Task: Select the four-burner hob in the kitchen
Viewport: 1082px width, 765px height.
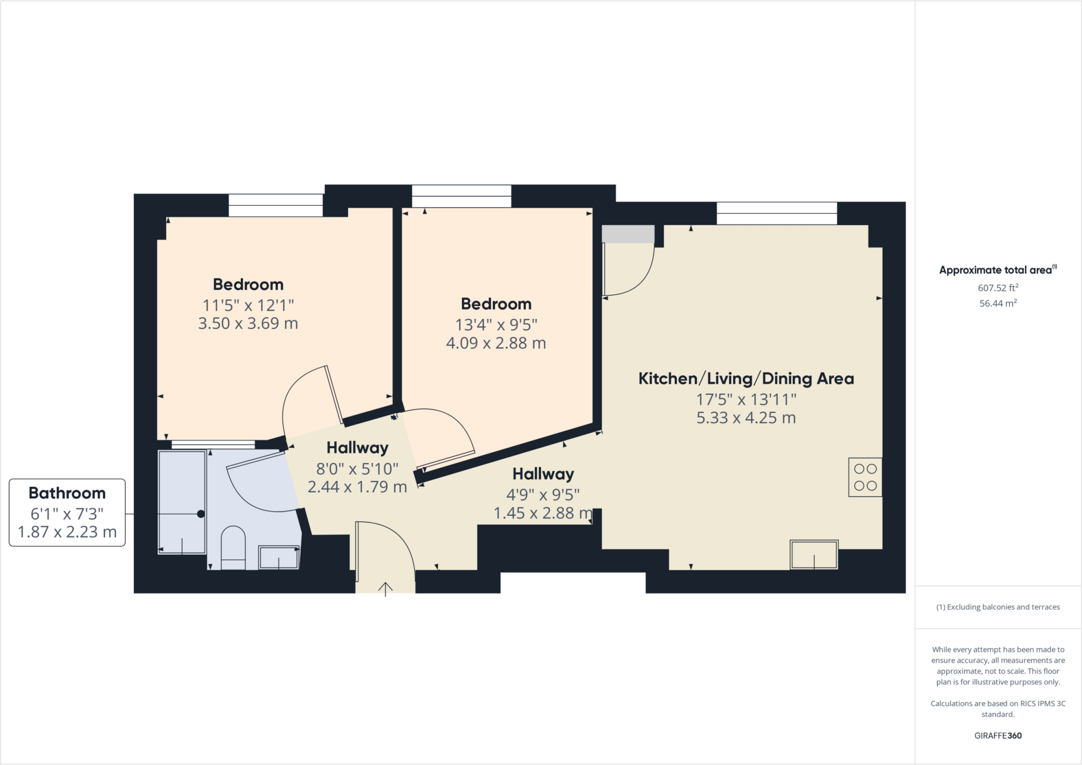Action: (865, 477)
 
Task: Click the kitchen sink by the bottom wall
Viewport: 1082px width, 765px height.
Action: (814, 554)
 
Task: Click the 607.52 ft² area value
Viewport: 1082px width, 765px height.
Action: (997, 288)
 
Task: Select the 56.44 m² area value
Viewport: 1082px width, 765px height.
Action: (997, 304)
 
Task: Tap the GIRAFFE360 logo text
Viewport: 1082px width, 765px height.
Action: (997, 735)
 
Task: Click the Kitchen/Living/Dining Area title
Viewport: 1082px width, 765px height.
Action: (746, 379)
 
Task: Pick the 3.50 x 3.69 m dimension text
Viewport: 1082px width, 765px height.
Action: (248, 324)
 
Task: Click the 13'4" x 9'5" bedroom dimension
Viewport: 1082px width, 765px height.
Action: (496, 325)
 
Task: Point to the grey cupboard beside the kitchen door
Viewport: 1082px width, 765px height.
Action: (628, 234)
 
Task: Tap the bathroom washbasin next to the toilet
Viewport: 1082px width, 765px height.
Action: (278, 558)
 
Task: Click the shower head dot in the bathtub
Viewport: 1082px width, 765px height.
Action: (201, 514)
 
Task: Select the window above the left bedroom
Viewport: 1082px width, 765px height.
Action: (275, 205)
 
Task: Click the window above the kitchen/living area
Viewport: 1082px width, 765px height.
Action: (776, 213)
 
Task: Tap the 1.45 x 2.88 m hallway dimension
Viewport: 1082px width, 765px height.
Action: (543, 513)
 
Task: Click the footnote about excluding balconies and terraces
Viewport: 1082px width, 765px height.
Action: (997, 607)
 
